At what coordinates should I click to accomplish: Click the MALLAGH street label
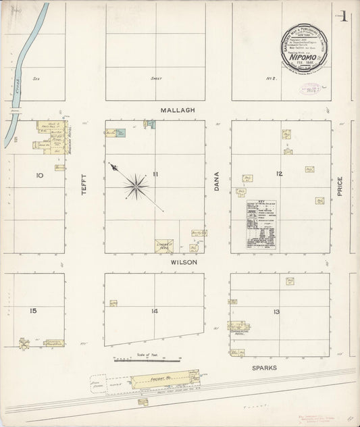pyautogui.click(x=178, y=109)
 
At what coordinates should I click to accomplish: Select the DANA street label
pyautogui.click(x=217, y=181)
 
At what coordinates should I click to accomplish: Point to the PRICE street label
pyautogui.click(x=340, y=187)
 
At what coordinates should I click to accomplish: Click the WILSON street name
pyautogui.click(x=183, y=262)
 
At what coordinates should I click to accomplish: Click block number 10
pyautogui.click(x=40, y=175)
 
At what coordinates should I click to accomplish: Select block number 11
pyautogui.click(x=155, y=175)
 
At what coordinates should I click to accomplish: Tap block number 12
pyautogui.click(x=278, y=174)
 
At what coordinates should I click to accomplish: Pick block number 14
pyautogui.click(x=154, y=311)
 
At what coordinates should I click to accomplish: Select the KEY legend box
pyautogui.click(x=261, y=225)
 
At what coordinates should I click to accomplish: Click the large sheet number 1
pyautogui.click(x=344, y=17)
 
